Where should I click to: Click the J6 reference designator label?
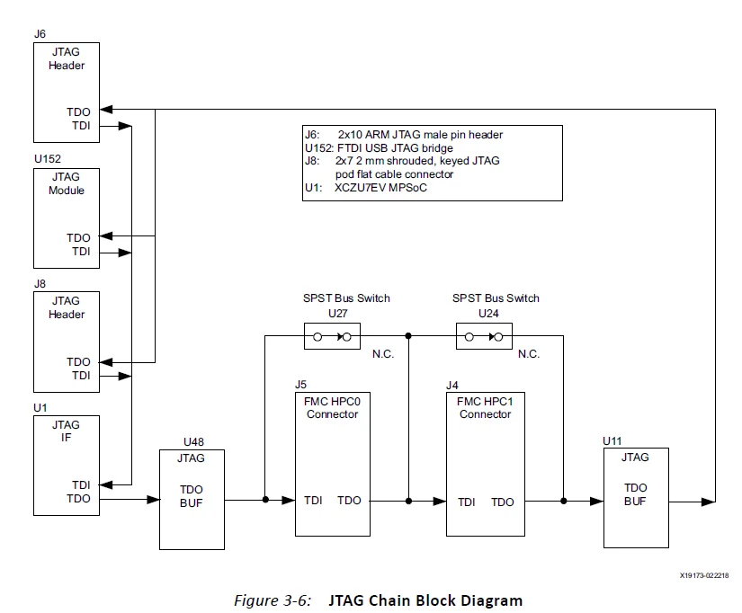tap(40, 33)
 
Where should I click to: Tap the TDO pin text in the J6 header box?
tap(78, 112)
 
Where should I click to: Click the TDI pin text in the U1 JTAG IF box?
tap(78, 484)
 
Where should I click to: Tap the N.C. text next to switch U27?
tap(383, 354)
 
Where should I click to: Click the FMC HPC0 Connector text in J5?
tap(332, 408)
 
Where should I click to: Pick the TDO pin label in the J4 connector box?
tap(503, 502)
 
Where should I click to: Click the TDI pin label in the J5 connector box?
tap(313, 501)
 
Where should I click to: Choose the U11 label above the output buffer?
tap(612, 441)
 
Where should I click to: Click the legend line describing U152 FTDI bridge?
tap(391, 147)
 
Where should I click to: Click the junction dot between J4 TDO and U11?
tap(563, 501)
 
